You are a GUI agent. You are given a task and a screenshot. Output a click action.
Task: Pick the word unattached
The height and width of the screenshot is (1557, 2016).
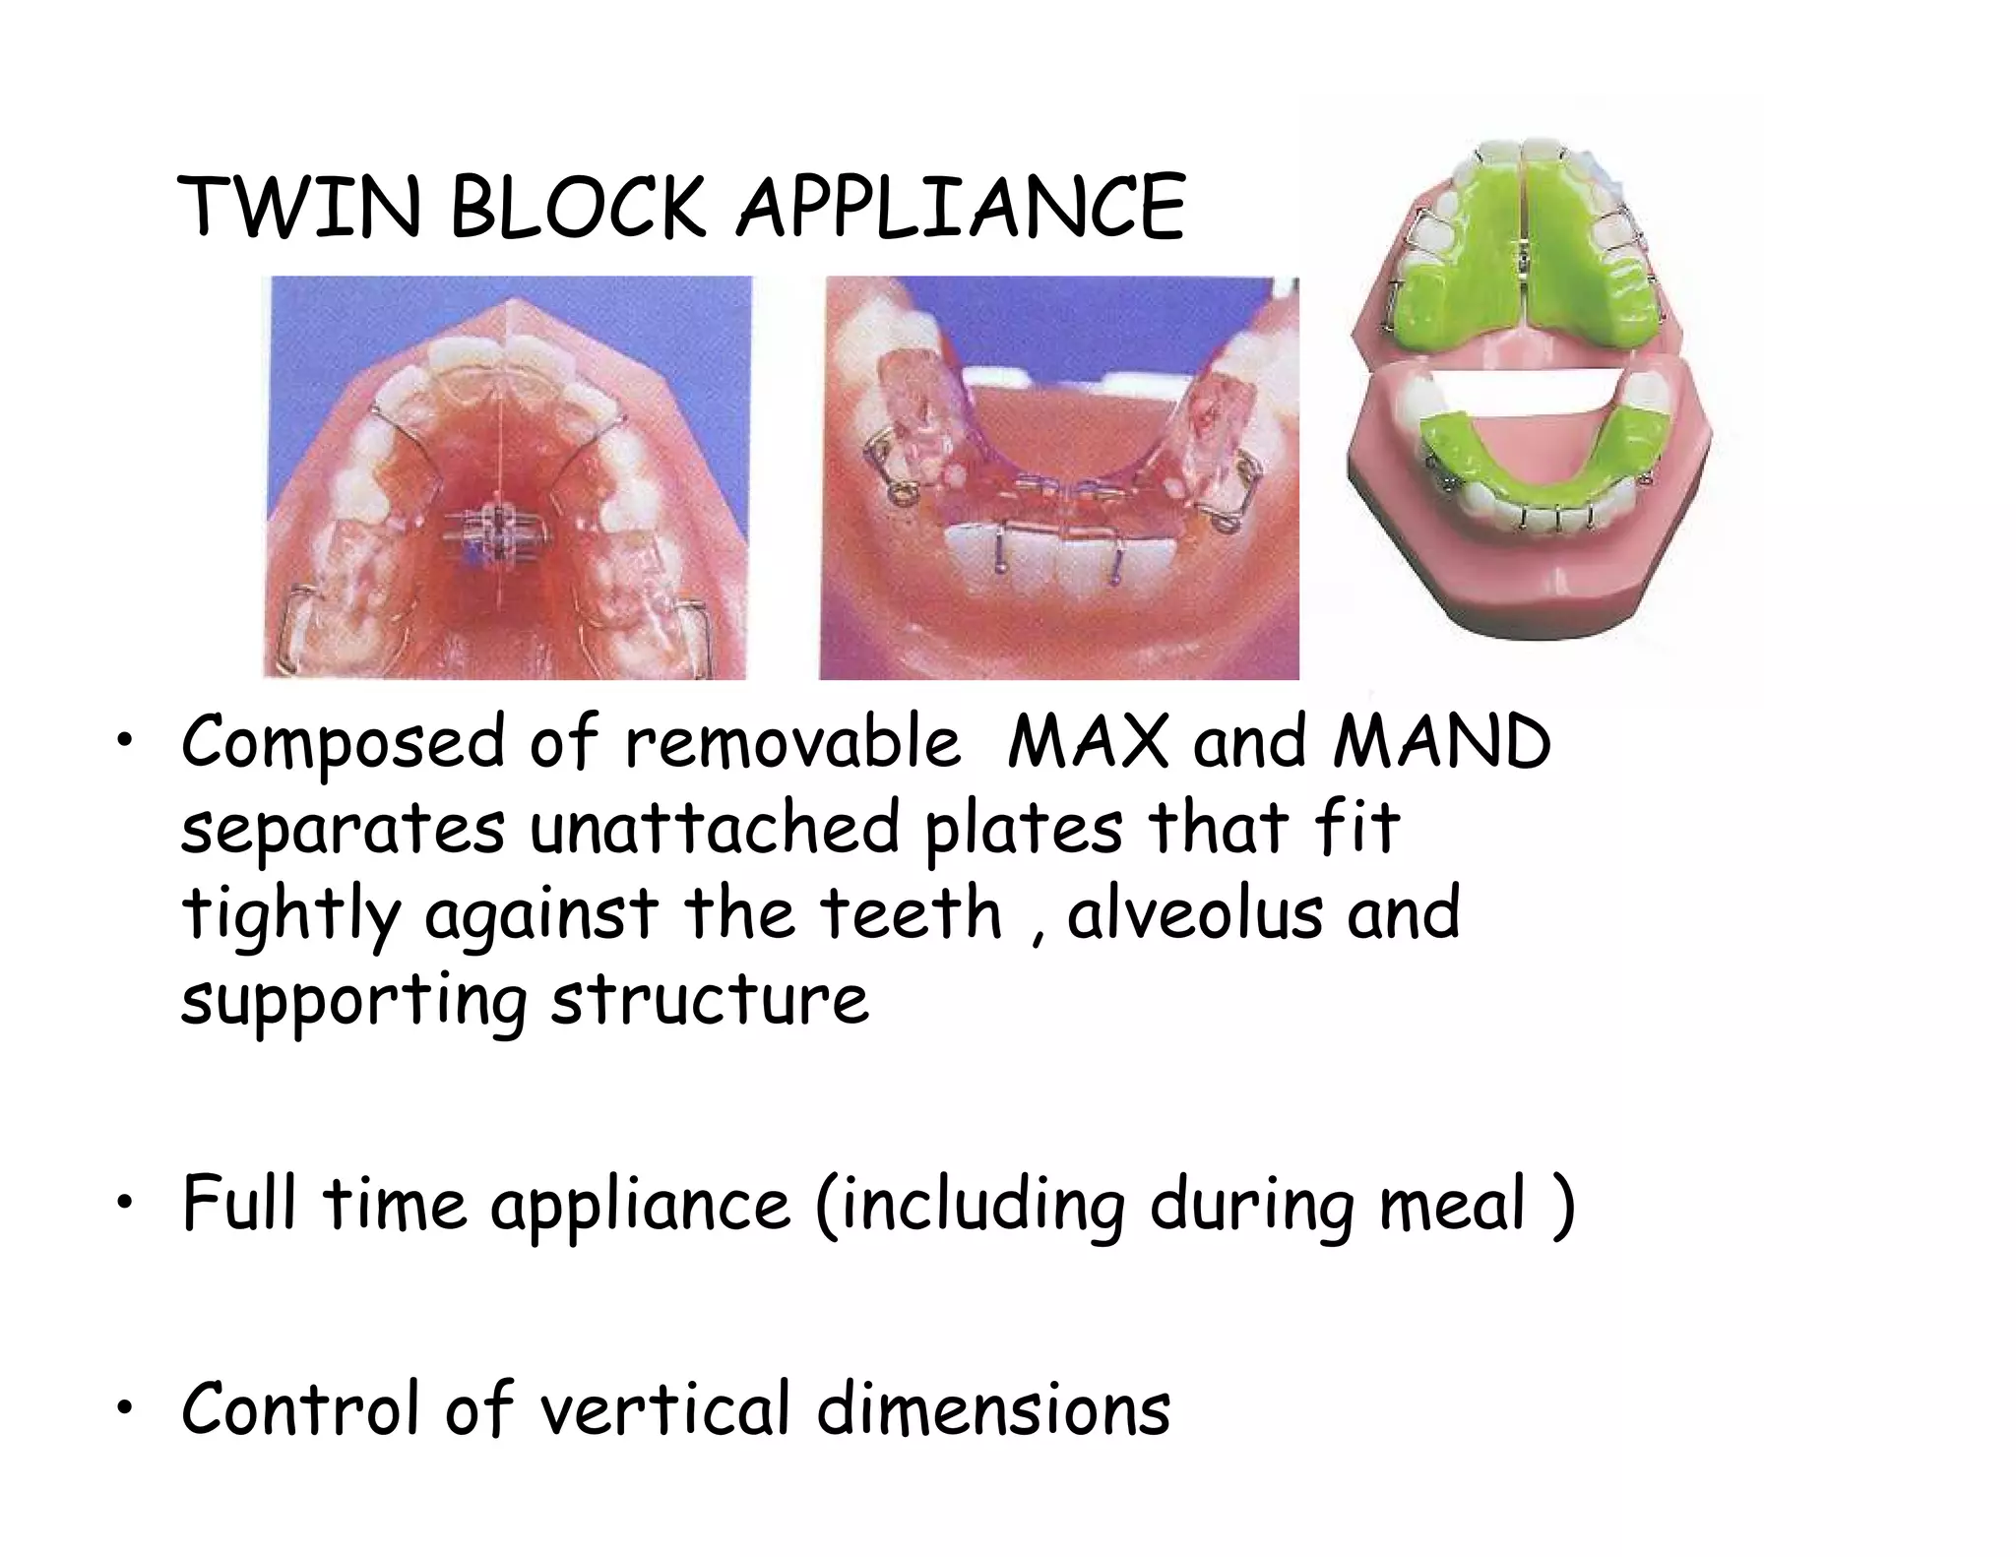point(714,829)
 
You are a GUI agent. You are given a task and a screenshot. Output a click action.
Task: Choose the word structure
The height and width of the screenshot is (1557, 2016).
point(709,1000)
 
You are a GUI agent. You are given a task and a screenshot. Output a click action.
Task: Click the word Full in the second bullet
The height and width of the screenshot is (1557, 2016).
point(237,1203)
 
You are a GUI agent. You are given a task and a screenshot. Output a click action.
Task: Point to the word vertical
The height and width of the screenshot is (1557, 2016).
point(664,1408)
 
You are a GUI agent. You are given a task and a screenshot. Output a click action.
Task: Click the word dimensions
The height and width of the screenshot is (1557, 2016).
point(993,1408)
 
